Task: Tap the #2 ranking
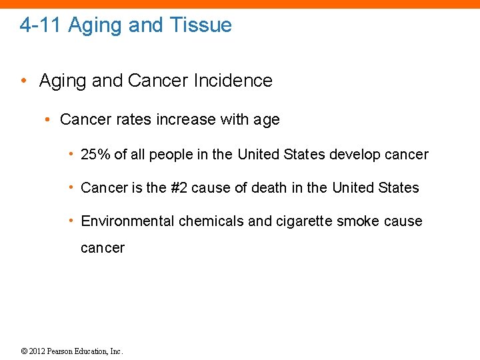click(x=179, y=188)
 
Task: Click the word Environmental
click(x=127, y=221)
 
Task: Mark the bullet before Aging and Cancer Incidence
click(x=24, y=81)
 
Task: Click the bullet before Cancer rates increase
click(x=48, y=120)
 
